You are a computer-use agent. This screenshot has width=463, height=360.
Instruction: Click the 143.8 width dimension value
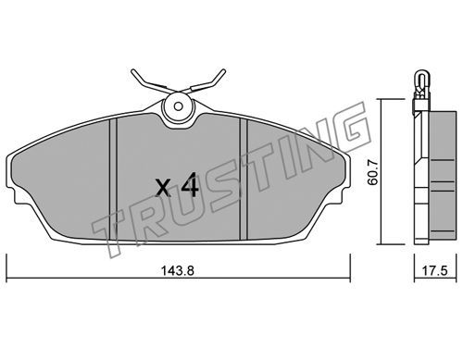point(178,271)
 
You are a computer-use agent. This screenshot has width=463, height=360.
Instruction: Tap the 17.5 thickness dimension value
point(434,271)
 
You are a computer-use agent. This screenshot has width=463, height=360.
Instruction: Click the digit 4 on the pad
point(189,184)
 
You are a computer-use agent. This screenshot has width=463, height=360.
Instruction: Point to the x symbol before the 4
point(163,188)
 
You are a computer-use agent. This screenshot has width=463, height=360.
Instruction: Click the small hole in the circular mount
point(178,106)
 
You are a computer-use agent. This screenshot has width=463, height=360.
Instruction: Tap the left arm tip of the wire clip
point(133,71)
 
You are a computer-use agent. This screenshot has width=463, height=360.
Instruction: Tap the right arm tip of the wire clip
point(223,71)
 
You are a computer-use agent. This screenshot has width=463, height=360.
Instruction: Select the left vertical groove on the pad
point(113,180)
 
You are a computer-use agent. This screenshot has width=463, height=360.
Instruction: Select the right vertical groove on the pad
point(244,180)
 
